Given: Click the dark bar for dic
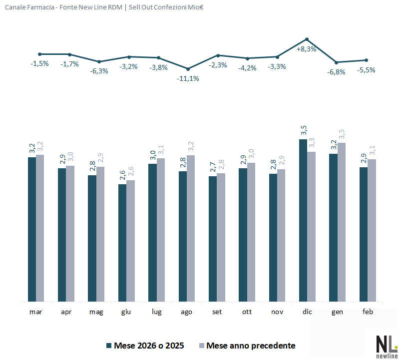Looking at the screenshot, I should coord(303,220).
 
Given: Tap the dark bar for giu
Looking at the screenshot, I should coord(122,243).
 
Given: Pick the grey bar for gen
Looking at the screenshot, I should coord(342,222).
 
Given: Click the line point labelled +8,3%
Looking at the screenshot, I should coord(307,39).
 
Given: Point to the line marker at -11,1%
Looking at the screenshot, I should coord(188,69).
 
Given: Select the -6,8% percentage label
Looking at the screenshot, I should coord(336,72).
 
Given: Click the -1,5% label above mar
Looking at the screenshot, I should coord(39,63).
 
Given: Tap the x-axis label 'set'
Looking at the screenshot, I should coord(217,312).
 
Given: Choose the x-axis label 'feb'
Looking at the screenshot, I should coord(368,312).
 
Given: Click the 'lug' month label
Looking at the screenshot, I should coord(157,312).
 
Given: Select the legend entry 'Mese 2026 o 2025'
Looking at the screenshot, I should coord(145,346).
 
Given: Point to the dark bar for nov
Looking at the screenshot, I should coord(273,238).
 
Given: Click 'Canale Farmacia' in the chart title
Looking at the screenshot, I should coord(26,7).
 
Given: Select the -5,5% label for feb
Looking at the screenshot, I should coord(366,70).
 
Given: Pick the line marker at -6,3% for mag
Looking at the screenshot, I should coord(99,61).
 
